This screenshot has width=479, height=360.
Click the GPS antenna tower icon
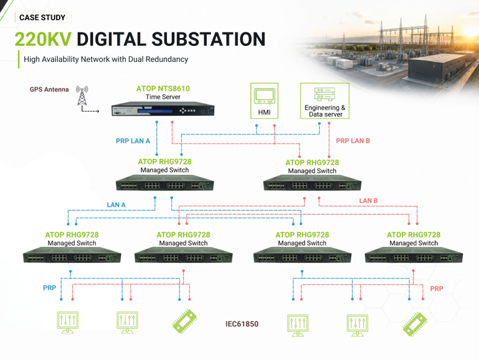pos(82,95)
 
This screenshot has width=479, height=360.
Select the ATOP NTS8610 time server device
pos(163,109)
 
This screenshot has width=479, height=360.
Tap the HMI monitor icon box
pos(264,100)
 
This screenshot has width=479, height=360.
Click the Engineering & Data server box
pos(325,100)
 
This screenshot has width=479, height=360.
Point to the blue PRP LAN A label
pos(133,141)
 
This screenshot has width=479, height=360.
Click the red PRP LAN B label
pos(353,141)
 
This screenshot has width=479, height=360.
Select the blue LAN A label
pos(116,205)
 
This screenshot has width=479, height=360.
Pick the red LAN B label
pos(369,201)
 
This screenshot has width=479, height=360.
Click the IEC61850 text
pos(242,324)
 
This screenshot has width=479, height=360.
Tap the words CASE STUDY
pos(43,17)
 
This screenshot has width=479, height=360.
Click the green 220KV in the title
pos(43,39)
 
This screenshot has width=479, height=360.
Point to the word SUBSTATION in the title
pos(208,39)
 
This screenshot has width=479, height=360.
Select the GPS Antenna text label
pos(49,90)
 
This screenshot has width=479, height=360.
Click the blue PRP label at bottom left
pos(49,288)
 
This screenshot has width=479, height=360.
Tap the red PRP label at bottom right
pos(436,289)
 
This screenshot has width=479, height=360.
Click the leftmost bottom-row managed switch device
pos(72,255)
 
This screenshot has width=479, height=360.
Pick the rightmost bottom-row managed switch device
pos(414,255)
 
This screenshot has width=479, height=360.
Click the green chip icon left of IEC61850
pos(185,321)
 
